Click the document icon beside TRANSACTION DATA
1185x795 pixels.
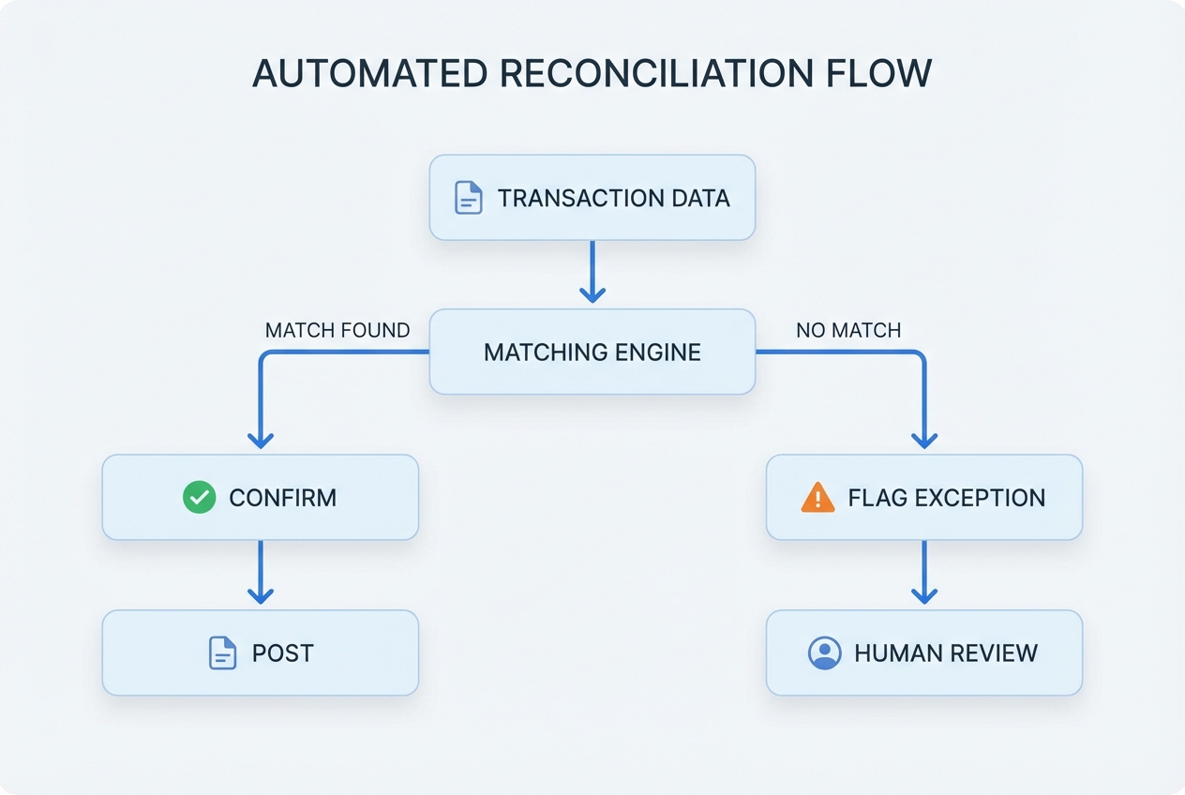pyautogui.click(x=468, y=198)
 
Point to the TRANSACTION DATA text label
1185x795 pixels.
pyautogui.click(x=613, y=198)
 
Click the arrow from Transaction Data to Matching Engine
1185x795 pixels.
pyautogui.click(x=592, y=272)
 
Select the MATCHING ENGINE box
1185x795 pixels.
pyautogui.click(x=592, y=352)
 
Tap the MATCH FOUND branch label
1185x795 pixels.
pyautogui.click(x=337, y=330)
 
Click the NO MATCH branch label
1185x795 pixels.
pyautogui.click(x=848, y=330)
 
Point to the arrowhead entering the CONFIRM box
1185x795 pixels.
pyautogui.click(x=260, y=439)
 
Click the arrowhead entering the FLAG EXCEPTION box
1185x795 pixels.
pyautogui.click(x=924, y=439)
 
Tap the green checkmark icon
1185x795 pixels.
pyautogui.click(x=199, y=497)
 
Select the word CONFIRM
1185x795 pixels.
pyautogui.click(x=282, y=497)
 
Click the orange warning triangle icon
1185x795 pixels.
pyautogui.click(x=817, y=497)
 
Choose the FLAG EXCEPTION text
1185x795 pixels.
pyautogui.click(x=946, y=497)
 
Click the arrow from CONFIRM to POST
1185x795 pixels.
pyautogui.click(x=260, y=572)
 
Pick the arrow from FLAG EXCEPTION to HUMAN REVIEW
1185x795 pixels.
pyautogui.click(x=924, y=572)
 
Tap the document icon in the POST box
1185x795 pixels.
pyautogui.click(x=221, y=652)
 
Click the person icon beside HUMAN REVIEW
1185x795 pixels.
pyautogui.click(x=824, y=652)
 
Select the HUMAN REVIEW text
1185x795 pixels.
pyautogui.click(x=946, y=652)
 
